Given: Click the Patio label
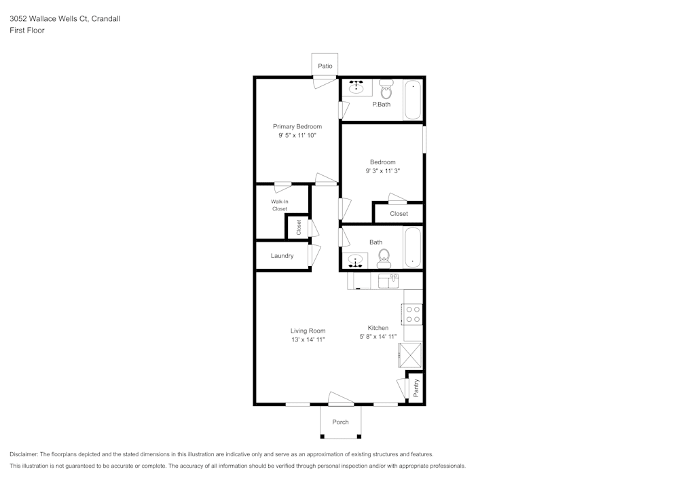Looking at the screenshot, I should click(x=325, y=66).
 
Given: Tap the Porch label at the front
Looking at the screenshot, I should click(x=340, y=422).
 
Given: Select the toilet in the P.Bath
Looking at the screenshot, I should click(x=386, y=89).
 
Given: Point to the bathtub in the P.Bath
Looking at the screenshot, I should click(x=412, y=100).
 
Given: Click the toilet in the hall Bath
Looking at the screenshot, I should click(x=384, y=258).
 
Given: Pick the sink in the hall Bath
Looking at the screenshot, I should click(x=354, y=260).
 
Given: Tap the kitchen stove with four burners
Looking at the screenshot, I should click(x=412, y=314).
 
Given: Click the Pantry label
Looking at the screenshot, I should click(x=416, y=388).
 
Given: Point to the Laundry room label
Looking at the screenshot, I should click(x=282, y=256).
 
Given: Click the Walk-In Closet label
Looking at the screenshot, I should click(x=279, y=205).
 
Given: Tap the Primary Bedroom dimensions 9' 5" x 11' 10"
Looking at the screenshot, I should click(x=297, y=136).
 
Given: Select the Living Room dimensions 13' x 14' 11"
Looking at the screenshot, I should click(x=308, y=339).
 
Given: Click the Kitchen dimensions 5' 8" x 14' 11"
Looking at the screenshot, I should click(x=378, y=337).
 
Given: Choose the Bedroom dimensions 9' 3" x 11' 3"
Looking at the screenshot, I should click(x=382, y=171).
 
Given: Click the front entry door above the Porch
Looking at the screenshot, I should click(x=337, y=399).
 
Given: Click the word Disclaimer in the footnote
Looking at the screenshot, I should click(x=24, y=454).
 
